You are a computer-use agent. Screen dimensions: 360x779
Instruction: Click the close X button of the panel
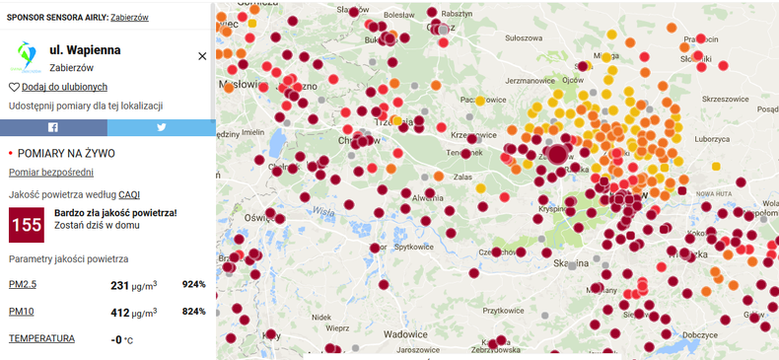[x=202, y=56]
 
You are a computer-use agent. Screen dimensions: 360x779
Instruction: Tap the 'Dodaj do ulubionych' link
[x=63, y=87]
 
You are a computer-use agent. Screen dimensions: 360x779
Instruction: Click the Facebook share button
[x=53, y=127]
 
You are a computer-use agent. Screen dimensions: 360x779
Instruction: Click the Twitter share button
[x=161, y=127]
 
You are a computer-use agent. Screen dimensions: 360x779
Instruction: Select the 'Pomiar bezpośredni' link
[x=51, y=173]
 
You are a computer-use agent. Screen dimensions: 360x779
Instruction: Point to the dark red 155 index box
[x=26, y=225]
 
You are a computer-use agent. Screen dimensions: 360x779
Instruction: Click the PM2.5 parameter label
[x=24, y=284]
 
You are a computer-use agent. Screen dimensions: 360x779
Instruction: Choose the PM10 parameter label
[x=22, y=312]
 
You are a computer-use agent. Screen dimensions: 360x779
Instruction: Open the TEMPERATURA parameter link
[x=41, y=338]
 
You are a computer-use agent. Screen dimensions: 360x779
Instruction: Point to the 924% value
[x=193, y=284]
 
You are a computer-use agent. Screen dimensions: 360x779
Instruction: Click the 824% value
[x=193, y=312]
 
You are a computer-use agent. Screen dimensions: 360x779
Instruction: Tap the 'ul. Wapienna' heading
[x=85, y=48]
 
